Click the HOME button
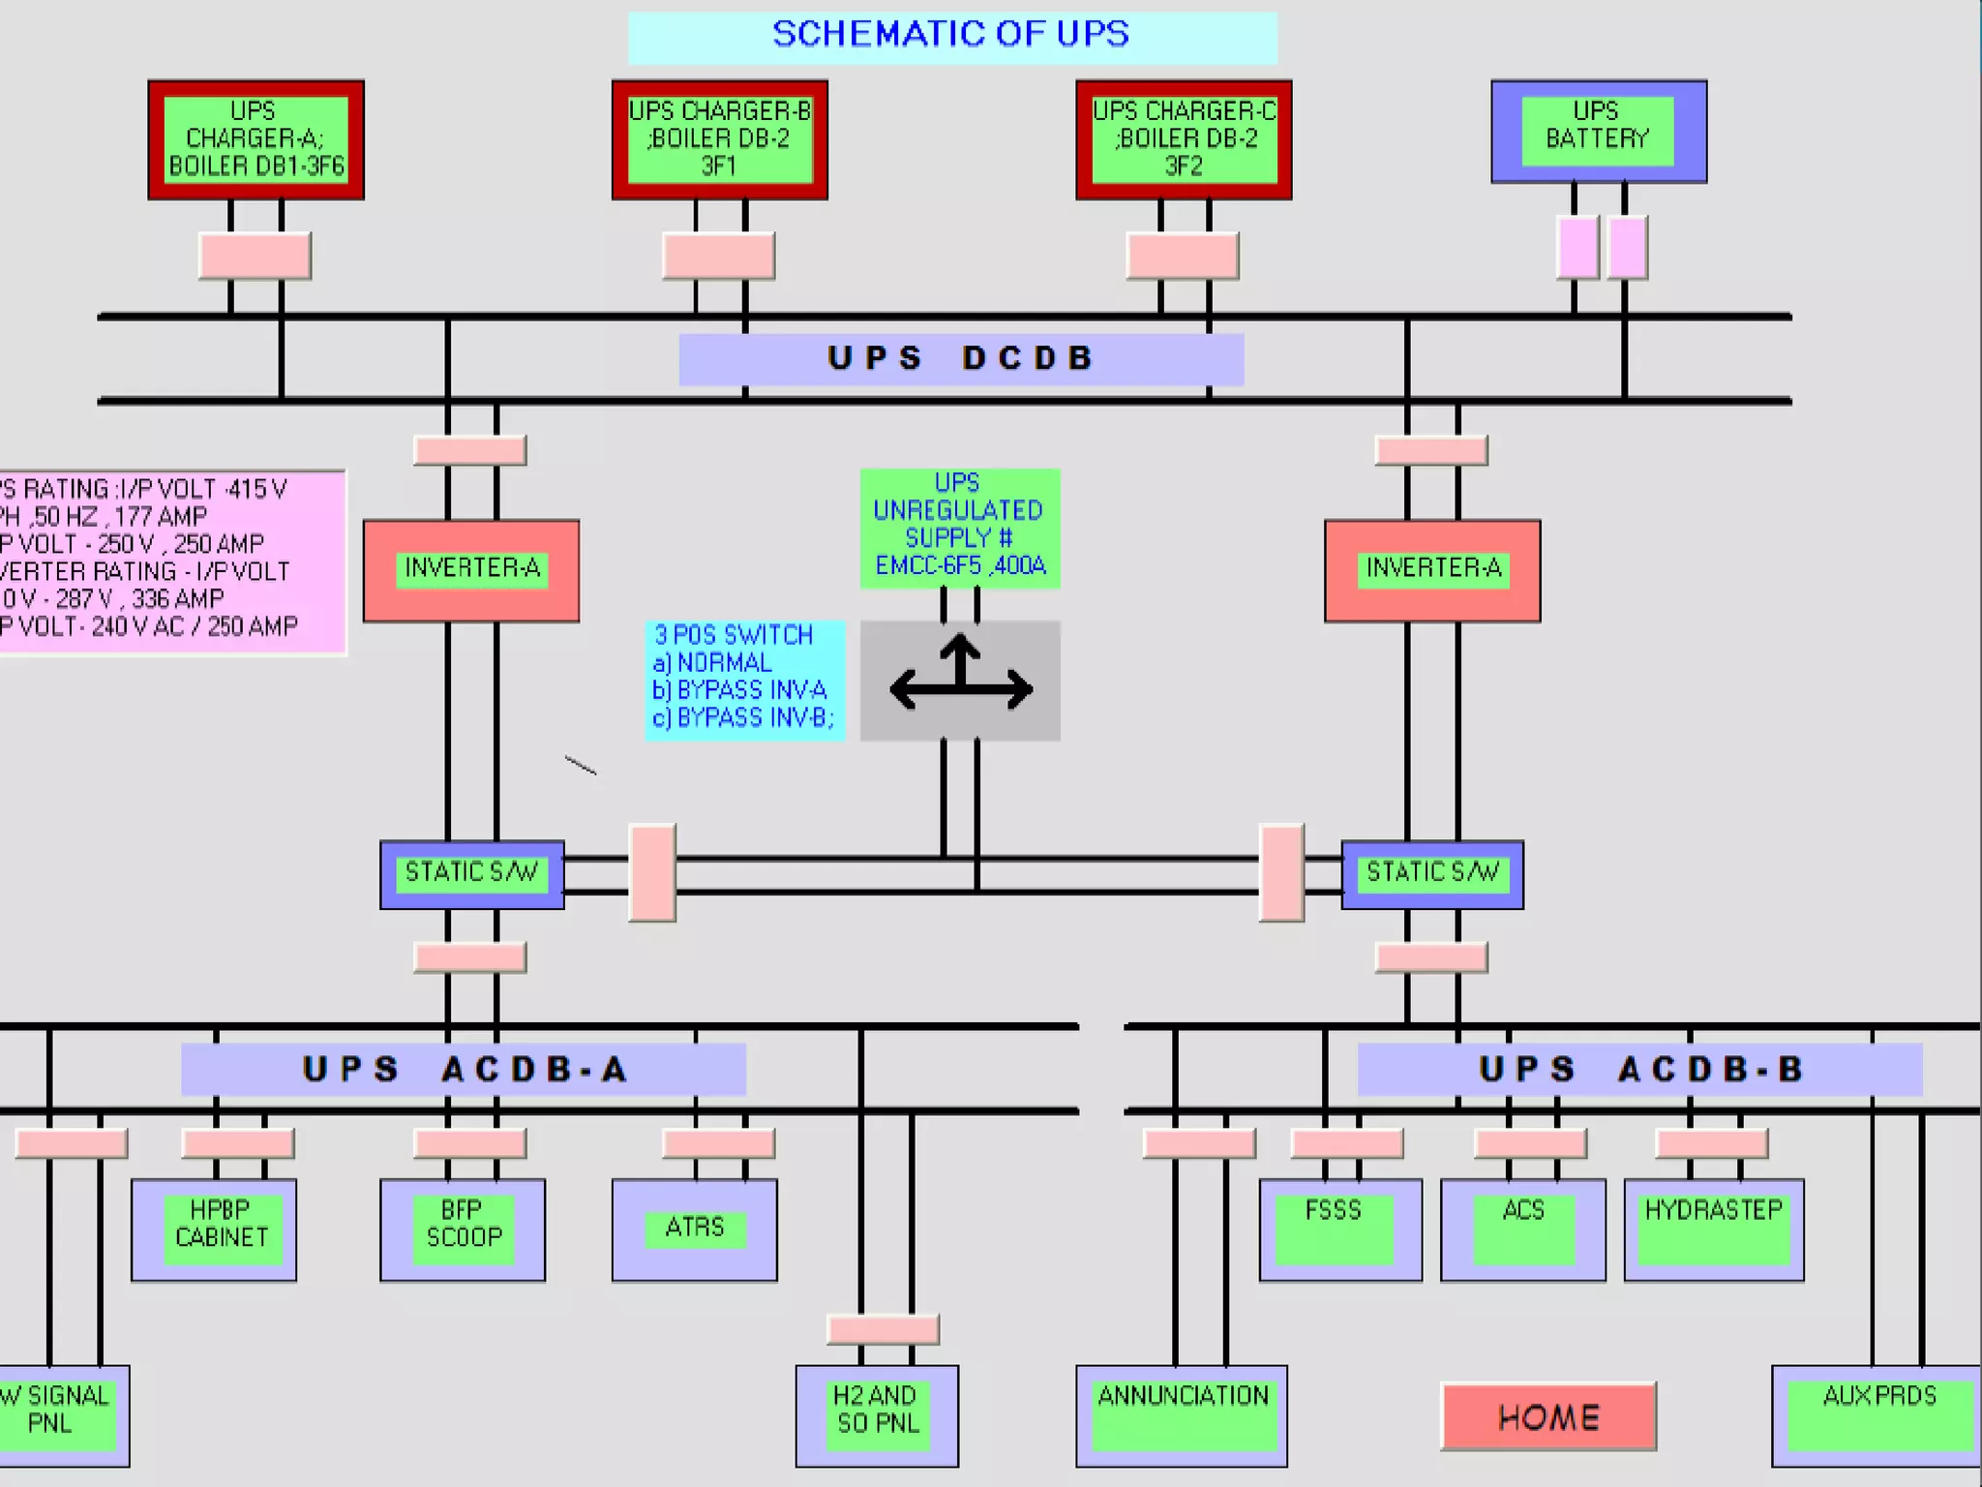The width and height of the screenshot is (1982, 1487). [x=1548, y=1417]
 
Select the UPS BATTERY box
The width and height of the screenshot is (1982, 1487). [x=1598, y=132]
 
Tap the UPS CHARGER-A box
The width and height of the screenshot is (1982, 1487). [x=255, y=139]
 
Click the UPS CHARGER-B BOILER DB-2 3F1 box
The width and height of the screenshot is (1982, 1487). [x=719, y=139]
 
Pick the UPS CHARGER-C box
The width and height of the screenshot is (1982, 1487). [x=1184, y=139]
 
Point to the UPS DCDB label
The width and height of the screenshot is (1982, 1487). [x=961, y=358]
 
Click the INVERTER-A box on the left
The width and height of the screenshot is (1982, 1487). [x=471, y=570]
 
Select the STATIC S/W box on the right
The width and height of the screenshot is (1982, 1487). [x=1432, y=874]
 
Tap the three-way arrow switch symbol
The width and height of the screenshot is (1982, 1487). [x=960, y=681]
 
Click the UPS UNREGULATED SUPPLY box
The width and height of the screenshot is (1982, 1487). [x=959, y=528]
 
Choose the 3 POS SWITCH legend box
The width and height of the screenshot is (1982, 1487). [x=744, y=680]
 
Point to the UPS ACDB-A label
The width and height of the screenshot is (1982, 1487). [x=464, y=1070]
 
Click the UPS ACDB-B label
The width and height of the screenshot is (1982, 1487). [x=1639, y=1070]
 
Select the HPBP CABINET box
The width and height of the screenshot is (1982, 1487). [x=214, y=1229]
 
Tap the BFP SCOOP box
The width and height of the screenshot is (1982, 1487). [x=463, y=1229]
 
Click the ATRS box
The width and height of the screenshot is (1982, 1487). [x=694, y=1229]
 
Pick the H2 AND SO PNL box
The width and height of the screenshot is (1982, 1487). [x=877, y=1415]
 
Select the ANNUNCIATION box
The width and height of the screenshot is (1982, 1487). [x=1182, y=1415]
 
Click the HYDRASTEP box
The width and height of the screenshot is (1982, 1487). [x=1713, y=1229]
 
